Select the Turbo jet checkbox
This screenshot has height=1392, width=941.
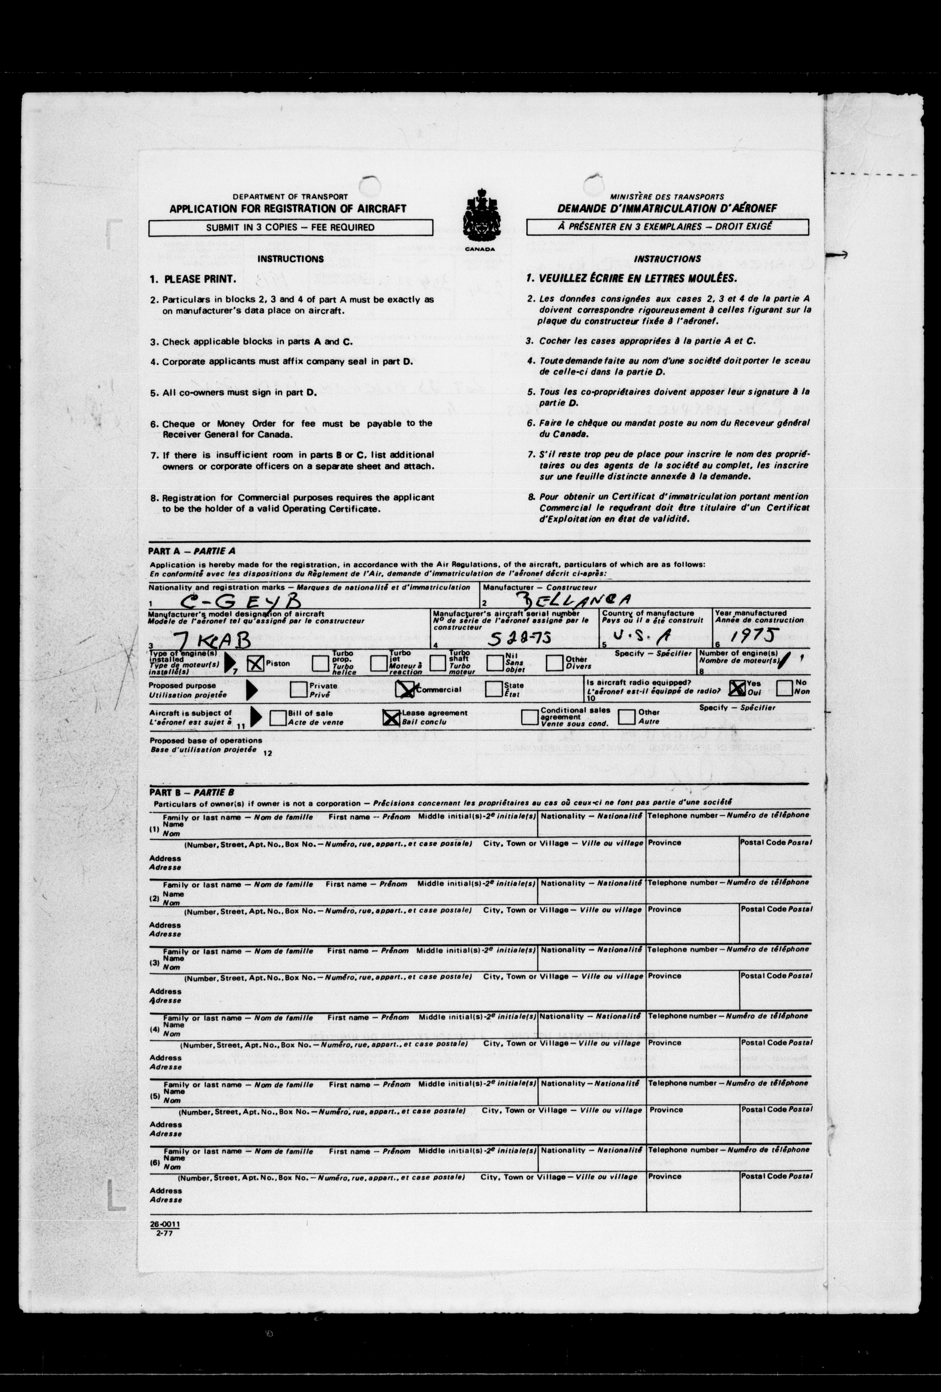pyautogui.click(x=378, y=663)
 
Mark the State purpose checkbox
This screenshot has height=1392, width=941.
pyautogui.click(x=494, y=689)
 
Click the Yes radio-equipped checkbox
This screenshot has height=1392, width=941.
pyautogui.click(x=737, y=688)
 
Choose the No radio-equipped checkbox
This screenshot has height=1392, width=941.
pyautogui.click(x=785, y=688)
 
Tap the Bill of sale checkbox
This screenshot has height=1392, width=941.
pyautogui.click(x=278, y=718)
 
